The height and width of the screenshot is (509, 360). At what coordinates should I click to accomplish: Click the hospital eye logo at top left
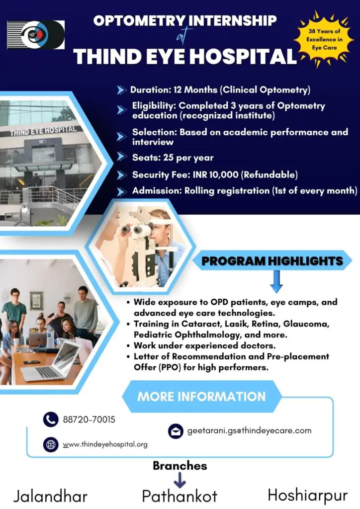36,35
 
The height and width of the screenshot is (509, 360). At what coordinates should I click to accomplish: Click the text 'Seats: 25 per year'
173,158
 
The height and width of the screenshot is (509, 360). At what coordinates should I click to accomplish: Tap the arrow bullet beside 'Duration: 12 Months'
121,90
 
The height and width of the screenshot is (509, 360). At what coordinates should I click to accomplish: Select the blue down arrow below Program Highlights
277,284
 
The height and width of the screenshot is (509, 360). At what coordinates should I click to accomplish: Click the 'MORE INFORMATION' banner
201,397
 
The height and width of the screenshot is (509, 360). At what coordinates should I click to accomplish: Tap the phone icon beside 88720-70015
51,420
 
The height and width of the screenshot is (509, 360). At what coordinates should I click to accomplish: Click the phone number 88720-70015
89,420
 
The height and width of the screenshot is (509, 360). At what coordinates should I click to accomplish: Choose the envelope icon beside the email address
176,431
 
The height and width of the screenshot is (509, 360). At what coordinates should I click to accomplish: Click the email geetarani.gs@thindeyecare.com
249,431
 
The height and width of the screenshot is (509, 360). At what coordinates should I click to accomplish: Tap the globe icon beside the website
51,444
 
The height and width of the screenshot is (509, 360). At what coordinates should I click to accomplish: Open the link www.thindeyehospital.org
105,444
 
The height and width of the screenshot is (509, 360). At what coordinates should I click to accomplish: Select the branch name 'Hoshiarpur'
307,495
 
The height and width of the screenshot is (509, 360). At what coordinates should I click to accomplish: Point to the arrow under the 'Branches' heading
180,481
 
